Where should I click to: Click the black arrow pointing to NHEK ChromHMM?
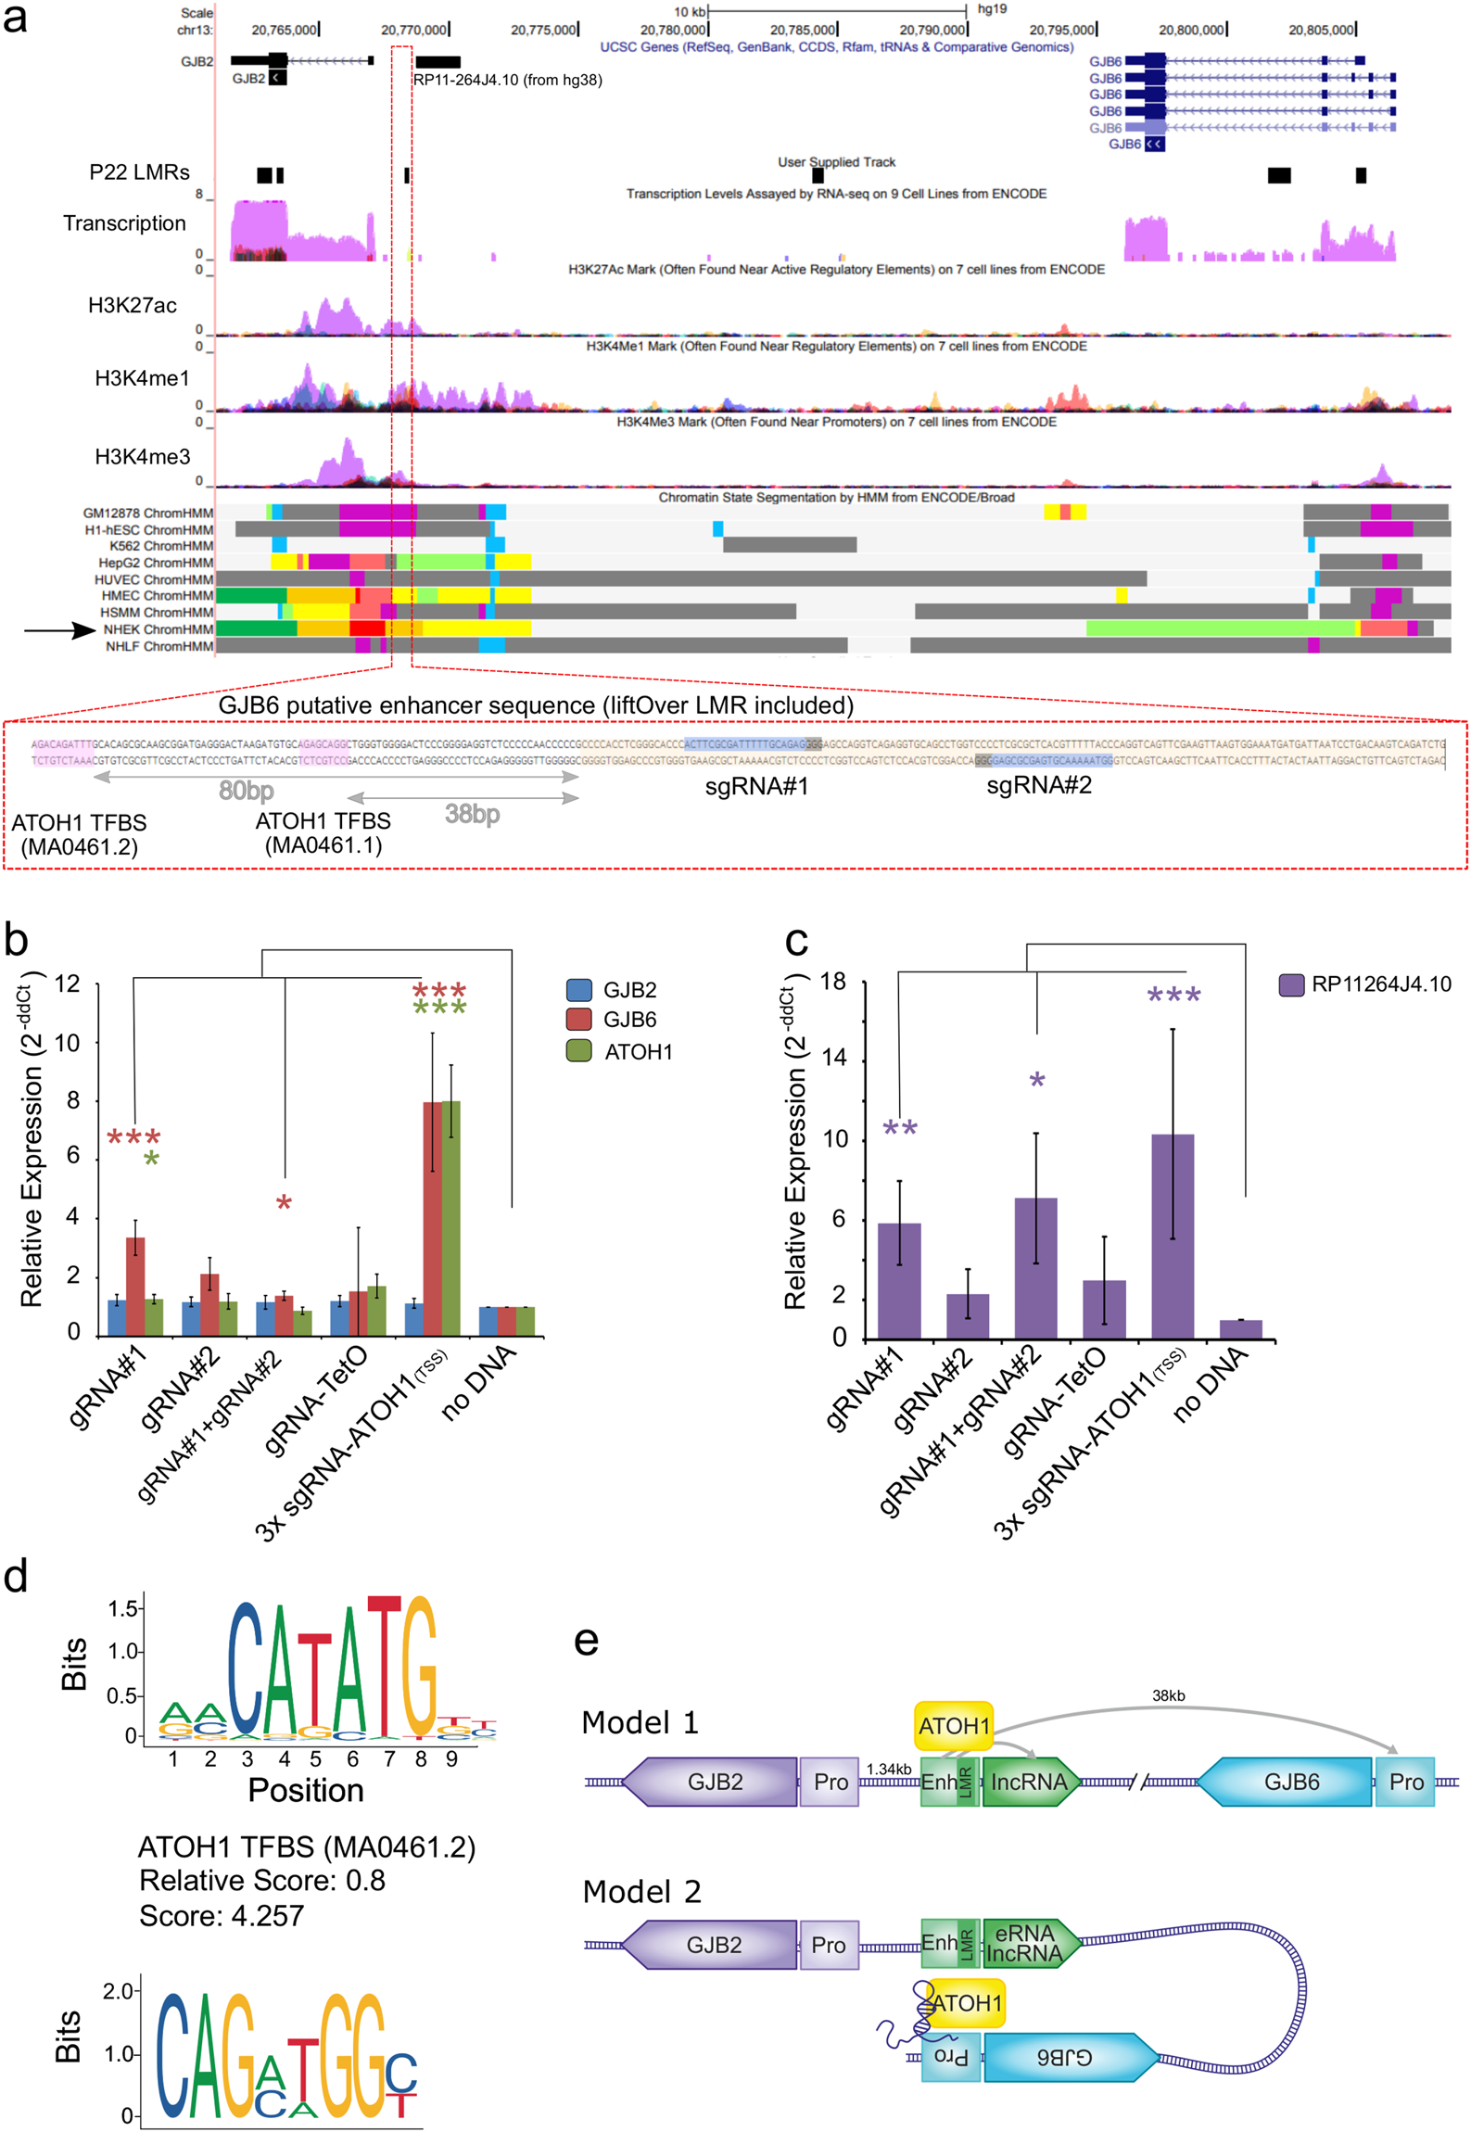pos(59,630)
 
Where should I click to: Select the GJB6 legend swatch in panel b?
pos(578,1019)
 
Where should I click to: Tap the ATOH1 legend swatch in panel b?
pos(578,1050)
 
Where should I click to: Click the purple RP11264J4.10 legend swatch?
pos(1291,984)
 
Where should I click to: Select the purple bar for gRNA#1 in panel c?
pos(898,1280)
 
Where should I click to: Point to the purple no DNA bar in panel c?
pos(1240,1329)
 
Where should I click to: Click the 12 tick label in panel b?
pos(67,984)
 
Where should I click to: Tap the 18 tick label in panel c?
pos(833,982)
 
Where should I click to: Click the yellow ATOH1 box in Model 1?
pos(954,1726)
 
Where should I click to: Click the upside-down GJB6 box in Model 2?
pos(1066,2057)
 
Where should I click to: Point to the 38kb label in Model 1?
pos(1168,1695)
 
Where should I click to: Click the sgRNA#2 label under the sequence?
pos(1038,785)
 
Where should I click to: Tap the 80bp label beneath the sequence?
pos(246,791)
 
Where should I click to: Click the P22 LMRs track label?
pos(139,172)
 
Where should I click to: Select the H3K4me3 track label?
pos(142,456)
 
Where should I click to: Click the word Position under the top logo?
pos(305,1790)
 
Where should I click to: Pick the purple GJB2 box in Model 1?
pos(713,1782)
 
